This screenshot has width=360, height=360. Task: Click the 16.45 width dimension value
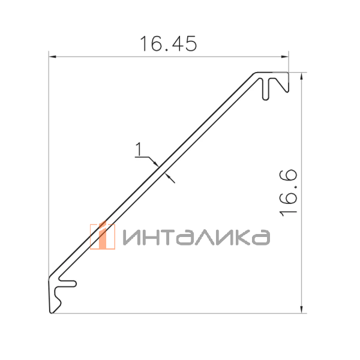(168, 44)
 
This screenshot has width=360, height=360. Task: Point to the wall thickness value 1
(139, 148)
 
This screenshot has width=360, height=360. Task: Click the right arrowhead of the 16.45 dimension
(285, 57)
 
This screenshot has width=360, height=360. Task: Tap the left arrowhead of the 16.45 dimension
(52, 57)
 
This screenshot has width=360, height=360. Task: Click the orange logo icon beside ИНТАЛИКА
(102, 236)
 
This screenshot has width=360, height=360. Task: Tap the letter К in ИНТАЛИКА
(237, 238)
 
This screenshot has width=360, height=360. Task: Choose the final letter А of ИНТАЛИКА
(260, 238)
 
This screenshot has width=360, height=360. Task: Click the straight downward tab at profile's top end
(265, 89)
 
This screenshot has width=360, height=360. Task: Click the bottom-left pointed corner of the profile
(50, 311)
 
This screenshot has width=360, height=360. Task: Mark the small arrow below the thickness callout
(172, 178)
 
